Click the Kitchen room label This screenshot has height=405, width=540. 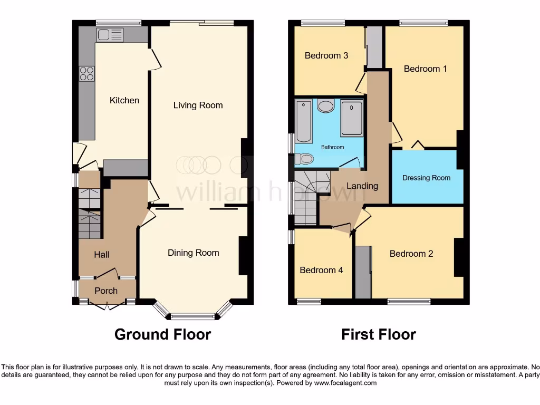pos(124,100)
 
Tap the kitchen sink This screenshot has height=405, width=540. pos(110,35)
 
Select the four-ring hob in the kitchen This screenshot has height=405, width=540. pos(86,74)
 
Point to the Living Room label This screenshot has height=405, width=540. pos(198,105)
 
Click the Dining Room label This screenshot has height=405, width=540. pos(193,253)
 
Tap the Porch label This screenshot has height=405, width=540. pos(106,291)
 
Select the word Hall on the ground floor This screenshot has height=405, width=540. pos(102,255)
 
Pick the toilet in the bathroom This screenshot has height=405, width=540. pos(304,158)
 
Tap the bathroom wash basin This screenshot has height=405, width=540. pos(326,106)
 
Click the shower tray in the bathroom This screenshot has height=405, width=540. pos(351,119)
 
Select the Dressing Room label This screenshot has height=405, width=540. pos(426,178)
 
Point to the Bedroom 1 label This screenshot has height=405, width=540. pos(425,69)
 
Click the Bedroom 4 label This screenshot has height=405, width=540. pos(321,270)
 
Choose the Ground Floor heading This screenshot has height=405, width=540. pos(162,334)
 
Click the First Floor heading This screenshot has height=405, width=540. pos(378,334)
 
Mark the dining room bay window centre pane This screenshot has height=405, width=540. pos(192,316)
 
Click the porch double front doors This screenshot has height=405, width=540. pos(107,304)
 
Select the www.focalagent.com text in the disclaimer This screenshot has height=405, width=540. pos(345,383)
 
